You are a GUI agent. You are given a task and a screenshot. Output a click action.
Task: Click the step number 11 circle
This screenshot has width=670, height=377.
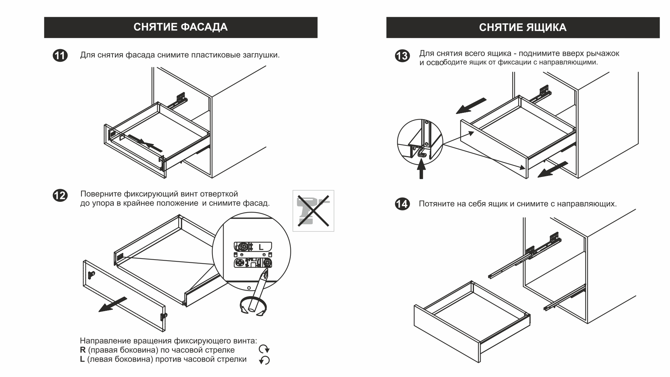(x=60, y=56)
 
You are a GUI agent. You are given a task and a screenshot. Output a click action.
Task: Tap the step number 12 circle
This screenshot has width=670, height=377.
(x=60, y=195)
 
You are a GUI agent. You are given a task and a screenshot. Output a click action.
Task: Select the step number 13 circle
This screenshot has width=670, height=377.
(x=402, y=56)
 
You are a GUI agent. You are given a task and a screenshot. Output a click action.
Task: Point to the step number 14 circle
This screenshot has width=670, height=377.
(x=402, y=203)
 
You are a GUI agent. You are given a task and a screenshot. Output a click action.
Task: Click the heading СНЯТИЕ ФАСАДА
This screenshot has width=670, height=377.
(x=180, y=27)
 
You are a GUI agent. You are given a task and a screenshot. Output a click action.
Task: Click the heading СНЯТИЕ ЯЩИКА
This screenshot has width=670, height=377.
(x=522, y=28)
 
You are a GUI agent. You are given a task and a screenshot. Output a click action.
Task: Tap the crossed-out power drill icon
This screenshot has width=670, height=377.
(x=313, y=210)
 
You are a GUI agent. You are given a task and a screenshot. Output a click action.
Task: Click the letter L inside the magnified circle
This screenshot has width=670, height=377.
(x=261, y=247)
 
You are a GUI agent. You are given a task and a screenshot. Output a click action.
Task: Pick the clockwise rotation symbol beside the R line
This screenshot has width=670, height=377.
(x=264, y=349)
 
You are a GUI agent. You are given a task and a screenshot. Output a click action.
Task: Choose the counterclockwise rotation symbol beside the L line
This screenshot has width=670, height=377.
(x=264, y=360)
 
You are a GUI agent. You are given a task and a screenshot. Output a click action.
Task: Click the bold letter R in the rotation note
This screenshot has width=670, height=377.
(x=83, y=350)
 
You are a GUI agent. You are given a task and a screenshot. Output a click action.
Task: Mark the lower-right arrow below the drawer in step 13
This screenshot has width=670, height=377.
(x=553, y=169)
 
